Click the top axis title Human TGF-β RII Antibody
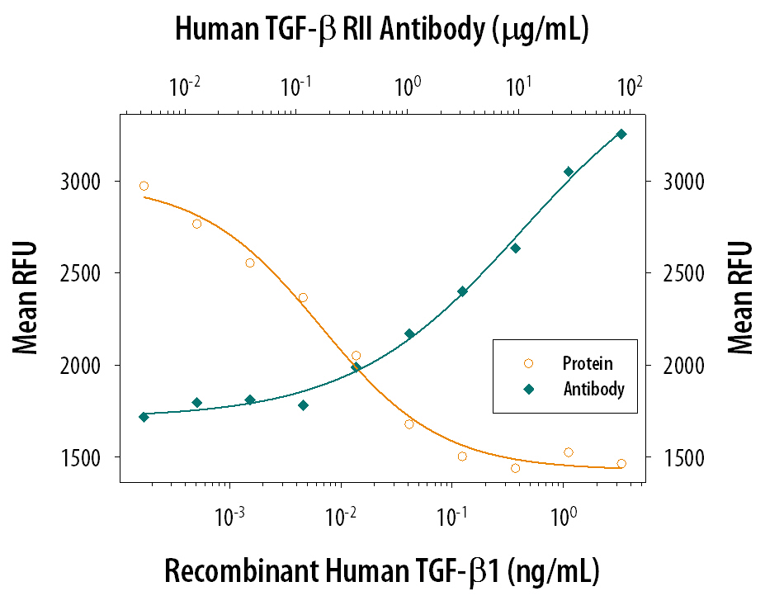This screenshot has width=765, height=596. pyautogui.click(x=381, y=30)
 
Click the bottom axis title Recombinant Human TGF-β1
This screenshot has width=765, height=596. pyautogui.click(x=382, y=570)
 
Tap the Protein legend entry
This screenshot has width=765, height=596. pyautogui.click(x=587, y=363)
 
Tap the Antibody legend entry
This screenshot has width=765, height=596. pyautogui.click(x=593, y=388)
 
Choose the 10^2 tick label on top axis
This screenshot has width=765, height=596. pyautogui.click(x=630, y=85)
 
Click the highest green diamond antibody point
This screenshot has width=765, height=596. pyautogui.click(x=621, y=134)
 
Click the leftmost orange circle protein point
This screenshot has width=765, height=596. pyautogui.click(x=144, y=186)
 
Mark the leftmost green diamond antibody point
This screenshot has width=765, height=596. pyautogui.click(x=144, y=417)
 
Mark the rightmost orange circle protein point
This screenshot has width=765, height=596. pyautogui.click(x=621, y=464)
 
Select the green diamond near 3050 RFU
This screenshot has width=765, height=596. pyautogui.click(x=569, y=172)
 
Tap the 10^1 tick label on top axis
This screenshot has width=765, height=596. pyautogui.click(x=519, y=85)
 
